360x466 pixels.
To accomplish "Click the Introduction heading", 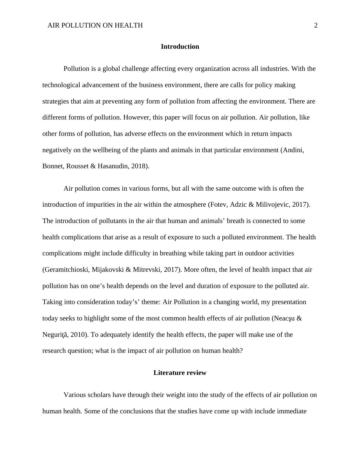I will [180, 47].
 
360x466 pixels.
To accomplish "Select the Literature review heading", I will [180, 373].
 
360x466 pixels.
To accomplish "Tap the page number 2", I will [316, 25].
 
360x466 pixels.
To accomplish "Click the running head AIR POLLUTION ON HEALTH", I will [95, 25].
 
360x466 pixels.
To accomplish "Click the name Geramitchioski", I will [67, 270].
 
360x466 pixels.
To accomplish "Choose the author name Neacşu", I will [285, 318].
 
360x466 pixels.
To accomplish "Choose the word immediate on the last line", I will [292, 412].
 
